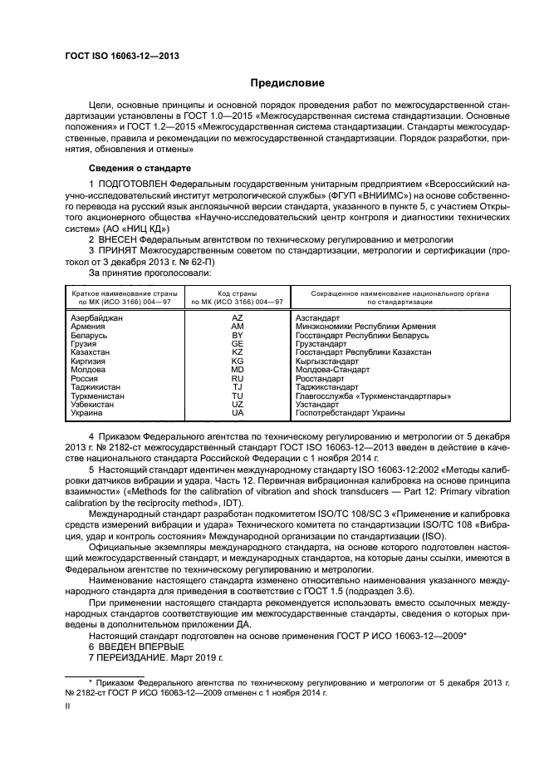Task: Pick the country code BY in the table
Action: [237, 335]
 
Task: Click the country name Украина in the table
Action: [86, 413]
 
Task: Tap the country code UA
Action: [237, 413]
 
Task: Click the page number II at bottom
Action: [69, 706]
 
